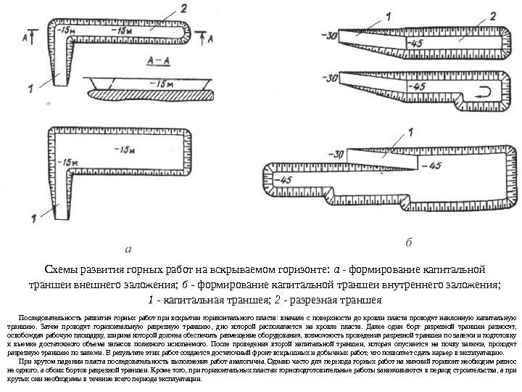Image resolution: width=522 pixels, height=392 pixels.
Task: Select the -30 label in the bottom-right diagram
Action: tap(335, 154)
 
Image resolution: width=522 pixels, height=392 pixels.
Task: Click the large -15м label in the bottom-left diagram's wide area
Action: tap(125, 150)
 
